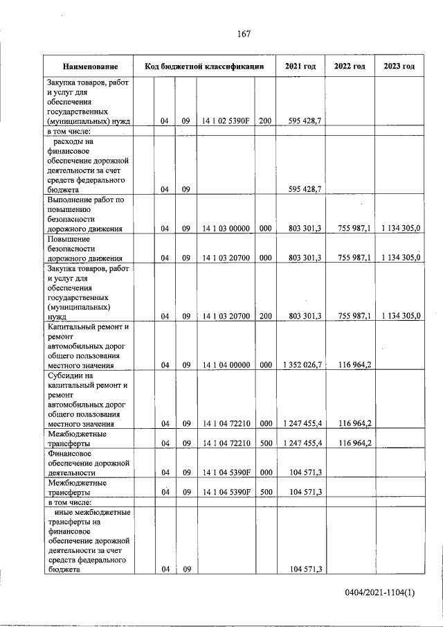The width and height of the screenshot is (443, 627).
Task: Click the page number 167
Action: (243, 34)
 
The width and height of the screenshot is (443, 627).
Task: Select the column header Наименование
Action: (89, 67)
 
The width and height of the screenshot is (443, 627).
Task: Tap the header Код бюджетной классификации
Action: (204, 67)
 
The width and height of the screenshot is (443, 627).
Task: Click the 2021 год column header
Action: (300, 67)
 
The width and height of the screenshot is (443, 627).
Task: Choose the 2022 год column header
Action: (350, 67)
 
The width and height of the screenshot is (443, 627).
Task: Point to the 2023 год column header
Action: (399, 67)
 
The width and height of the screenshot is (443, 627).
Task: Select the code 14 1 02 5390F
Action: (226, 121)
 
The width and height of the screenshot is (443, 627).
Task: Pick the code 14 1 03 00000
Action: (226, 228)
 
